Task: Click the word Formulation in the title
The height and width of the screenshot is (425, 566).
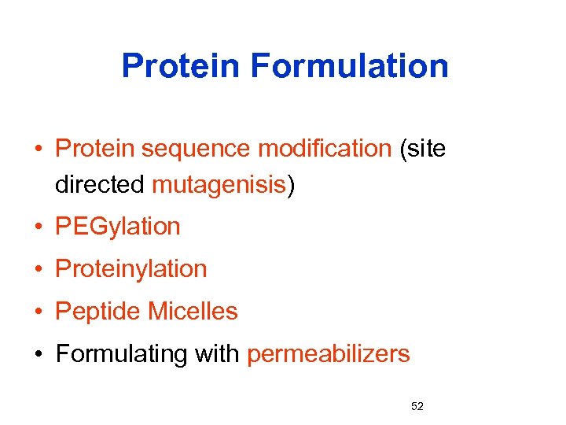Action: point(350,66)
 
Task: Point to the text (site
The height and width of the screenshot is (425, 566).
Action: point(422,148)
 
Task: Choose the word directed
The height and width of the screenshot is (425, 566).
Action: point(100,185)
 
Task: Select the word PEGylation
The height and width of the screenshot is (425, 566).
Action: point(118,227)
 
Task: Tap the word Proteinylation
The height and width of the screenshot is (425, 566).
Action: point(131,269)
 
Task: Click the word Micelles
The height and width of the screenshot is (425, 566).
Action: point(193,312)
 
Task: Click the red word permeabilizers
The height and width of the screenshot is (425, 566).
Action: point(329,355)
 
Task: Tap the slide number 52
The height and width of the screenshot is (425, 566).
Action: point(417,406)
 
